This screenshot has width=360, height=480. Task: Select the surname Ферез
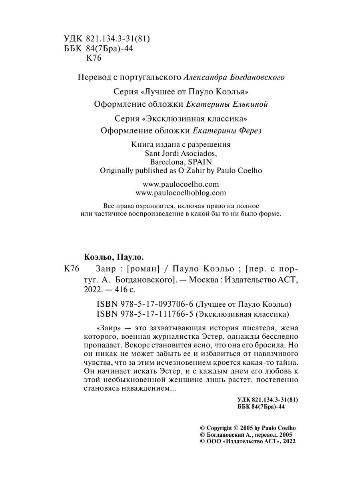249,131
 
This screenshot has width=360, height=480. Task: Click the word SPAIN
200,162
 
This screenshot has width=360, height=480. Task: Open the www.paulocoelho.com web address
181,184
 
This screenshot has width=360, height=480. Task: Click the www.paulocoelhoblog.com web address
181,193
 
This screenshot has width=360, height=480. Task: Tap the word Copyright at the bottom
219,428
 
